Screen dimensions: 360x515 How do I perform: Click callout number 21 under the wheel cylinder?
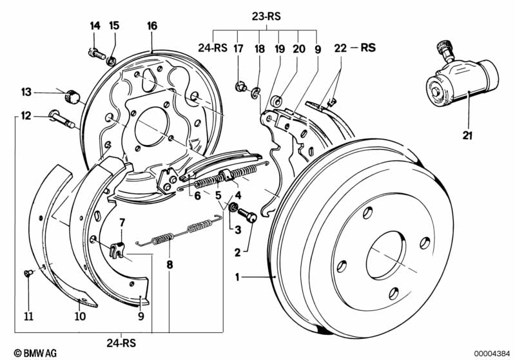(467, 135)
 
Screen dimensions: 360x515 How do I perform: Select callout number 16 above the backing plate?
(151, 26)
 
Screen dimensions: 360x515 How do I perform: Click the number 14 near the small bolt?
(95, 26)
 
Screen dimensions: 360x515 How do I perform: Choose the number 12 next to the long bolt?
(26, 116)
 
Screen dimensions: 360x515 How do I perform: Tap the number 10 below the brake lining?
(79, 316)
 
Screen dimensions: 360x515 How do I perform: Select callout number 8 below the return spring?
(170, 263)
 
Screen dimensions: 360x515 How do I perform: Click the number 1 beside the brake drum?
(238, 278)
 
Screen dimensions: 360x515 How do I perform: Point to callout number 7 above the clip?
(122, 223)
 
